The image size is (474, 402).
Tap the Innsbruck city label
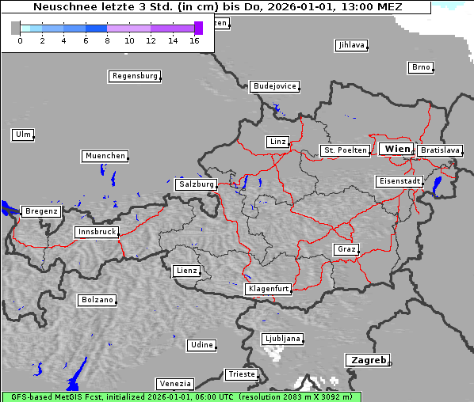point(96,233)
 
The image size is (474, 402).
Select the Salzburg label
point(196,184)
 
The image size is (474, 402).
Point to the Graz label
point(346,249)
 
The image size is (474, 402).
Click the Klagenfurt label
point(268,290)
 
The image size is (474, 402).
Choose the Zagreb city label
point(367,360)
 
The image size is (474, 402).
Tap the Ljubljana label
point(281,339)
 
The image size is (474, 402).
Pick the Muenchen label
point(105,157)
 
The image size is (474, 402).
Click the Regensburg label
point(134,77)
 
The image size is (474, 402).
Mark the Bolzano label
point(97,301)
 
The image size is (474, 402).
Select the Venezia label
point(174,384)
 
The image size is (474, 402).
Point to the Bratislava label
point(440,150)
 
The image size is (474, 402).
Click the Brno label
point(421,67)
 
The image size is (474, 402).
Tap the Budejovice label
point(274,86)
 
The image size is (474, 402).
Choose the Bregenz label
point(41,212)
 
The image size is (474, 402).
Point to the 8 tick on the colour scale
point(107,40)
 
